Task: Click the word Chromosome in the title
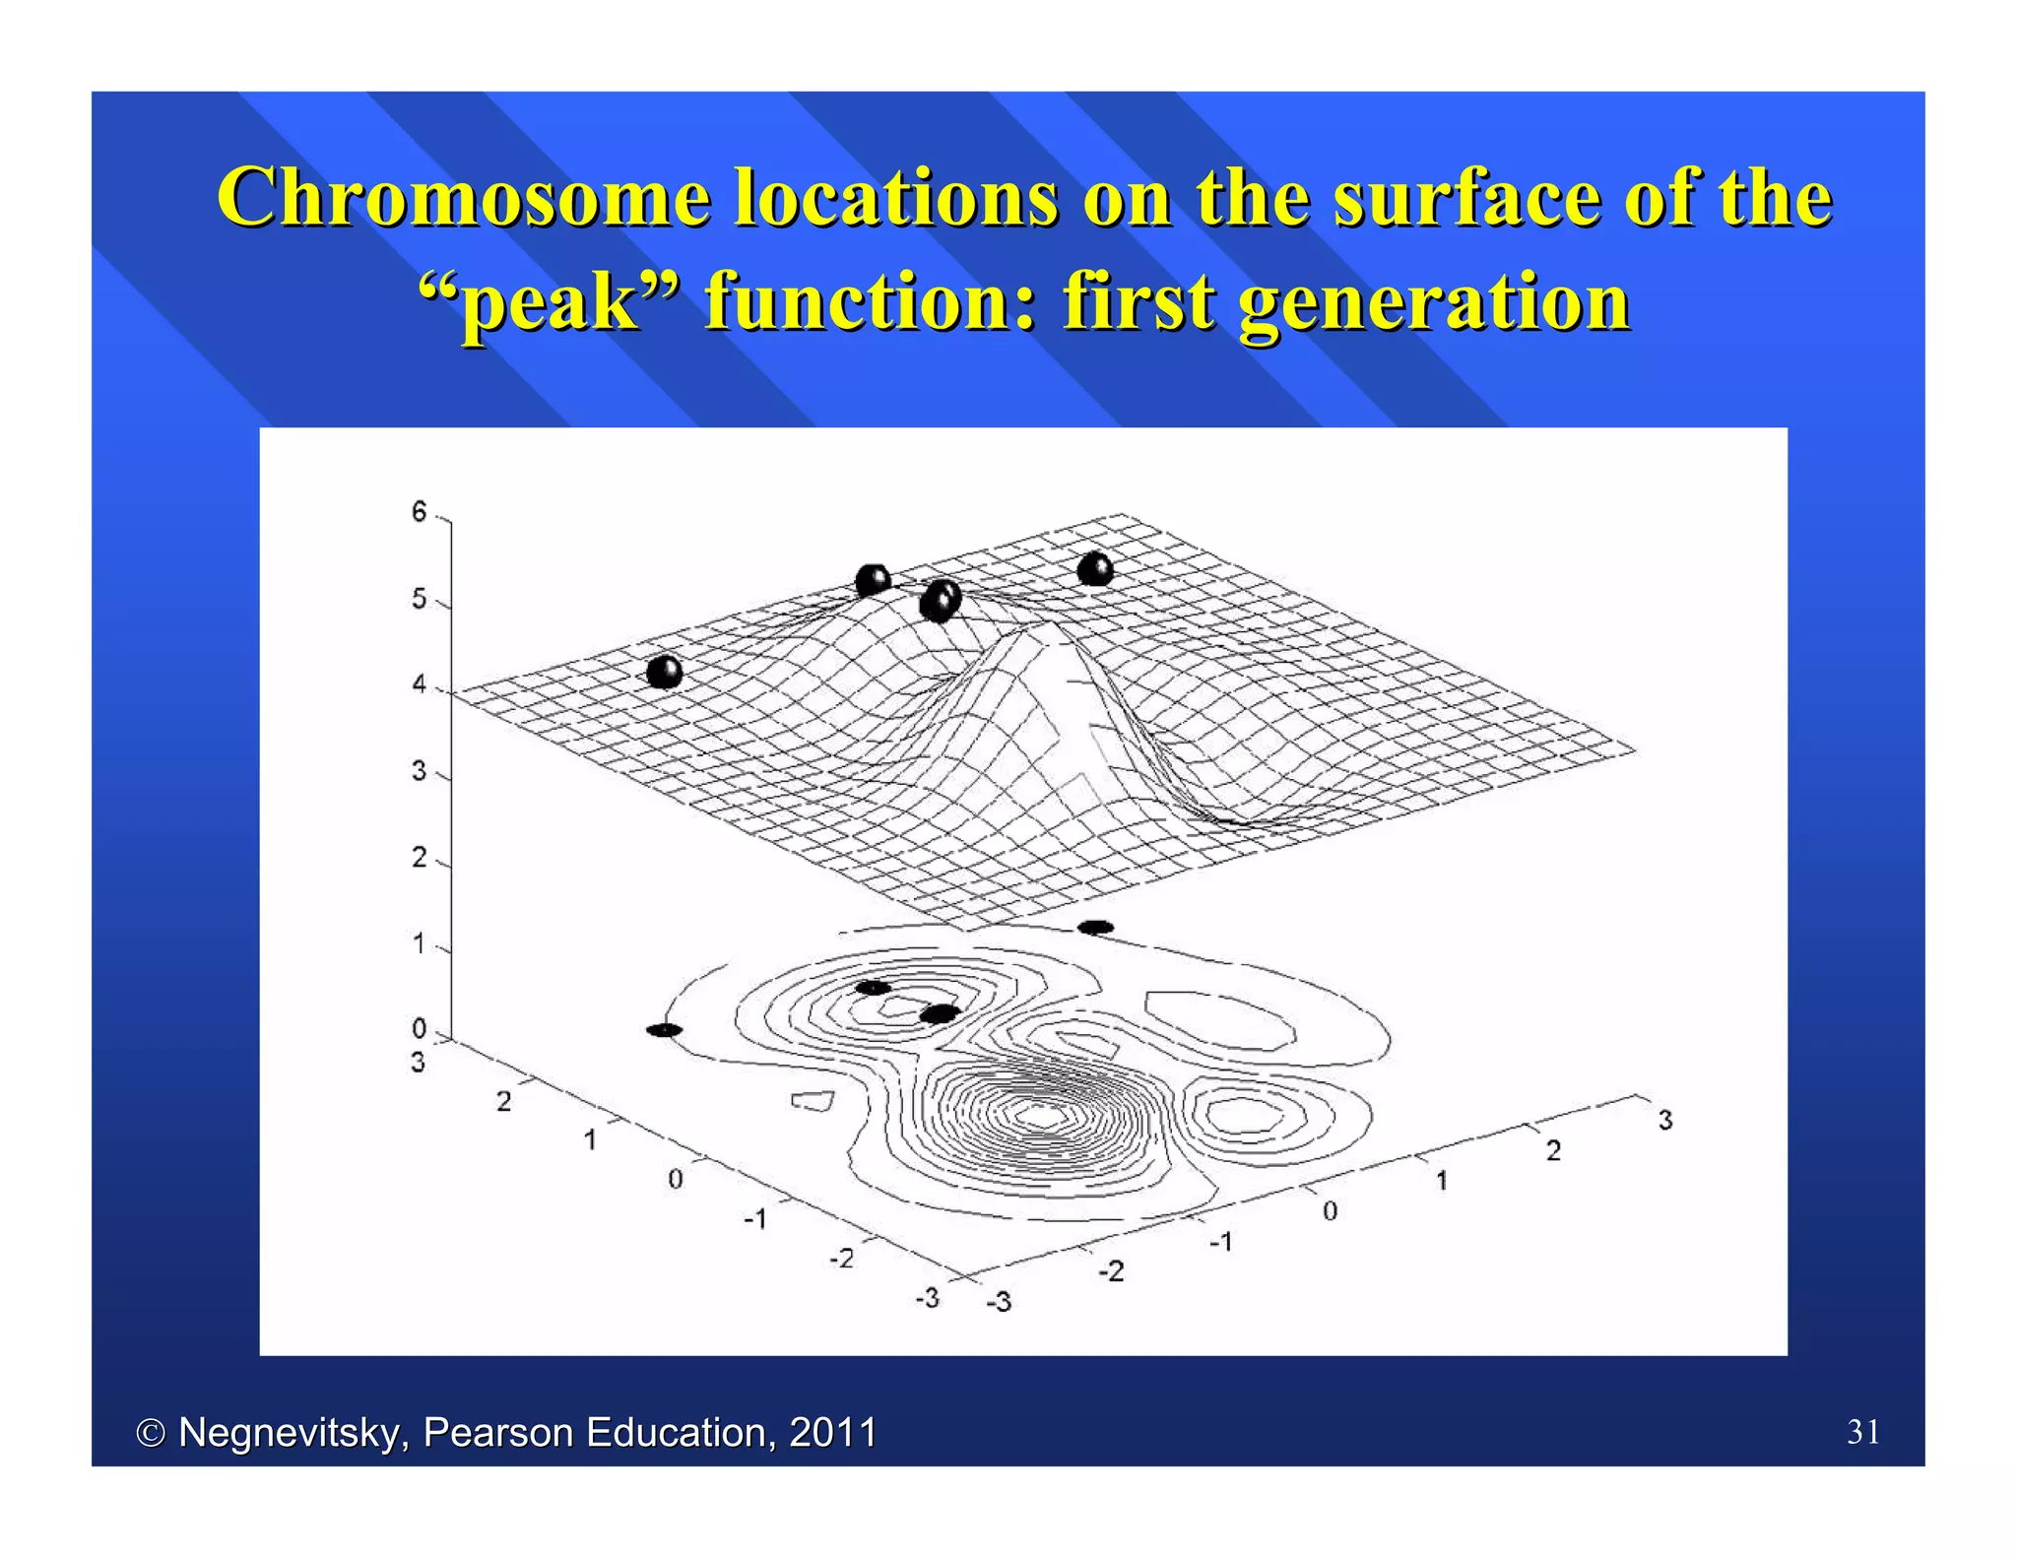tap(463, 198)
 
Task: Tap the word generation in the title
tap(1433, 302)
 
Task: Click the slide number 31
tap(1863, 1432)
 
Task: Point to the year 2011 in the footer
tap(832, 1432)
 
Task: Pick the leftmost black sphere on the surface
tap(665, 673)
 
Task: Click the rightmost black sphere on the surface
tap(1095, 569)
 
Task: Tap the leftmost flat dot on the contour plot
tap(664, 1030)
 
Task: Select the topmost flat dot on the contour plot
tap(1096, 927)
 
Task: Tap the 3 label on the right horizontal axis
tap(1664, 1121)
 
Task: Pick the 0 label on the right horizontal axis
tap(1330, 1211)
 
